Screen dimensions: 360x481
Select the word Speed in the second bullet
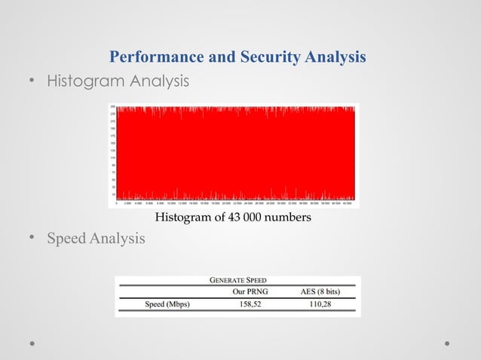tap(66, 239)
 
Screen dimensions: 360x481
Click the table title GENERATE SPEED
tap(237, 280)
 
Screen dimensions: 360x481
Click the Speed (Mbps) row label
tap(167, 304)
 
